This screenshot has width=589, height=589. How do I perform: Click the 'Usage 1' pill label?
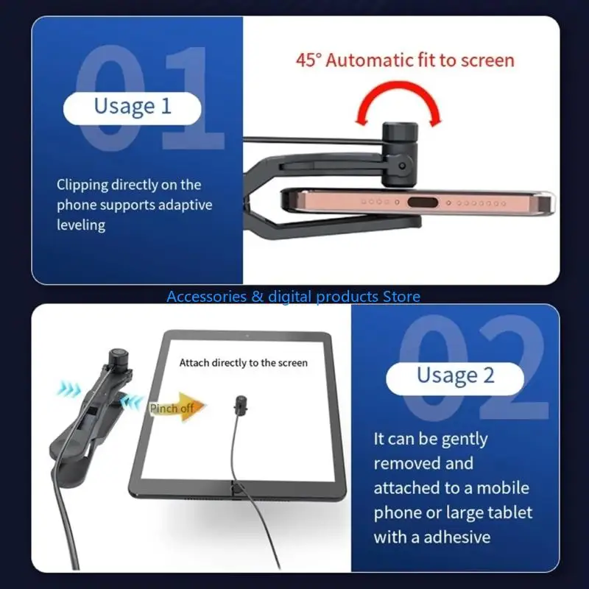click(132, 106)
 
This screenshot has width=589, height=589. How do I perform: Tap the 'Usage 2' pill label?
click(455, 375)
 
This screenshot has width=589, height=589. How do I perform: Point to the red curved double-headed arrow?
click(398, 103)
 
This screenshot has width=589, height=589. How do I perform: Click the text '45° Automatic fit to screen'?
click(405, 60)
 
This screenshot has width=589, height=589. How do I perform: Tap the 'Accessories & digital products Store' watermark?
click(293, 297)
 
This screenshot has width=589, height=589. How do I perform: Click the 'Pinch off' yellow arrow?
click(177, 409)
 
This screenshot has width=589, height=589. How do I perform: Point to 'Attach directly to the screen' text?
click(244, 362)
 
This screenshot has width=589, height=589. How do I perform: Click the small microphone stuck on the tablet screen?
click(239, 403)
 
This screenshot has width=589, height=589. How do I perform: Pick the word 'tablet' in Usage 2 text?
click(509, 512)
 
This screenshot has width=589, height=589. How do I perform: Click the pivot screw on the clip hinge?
click(401, 168)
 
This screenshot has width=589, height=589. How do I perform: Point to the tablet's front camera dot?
click(246, 336)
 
